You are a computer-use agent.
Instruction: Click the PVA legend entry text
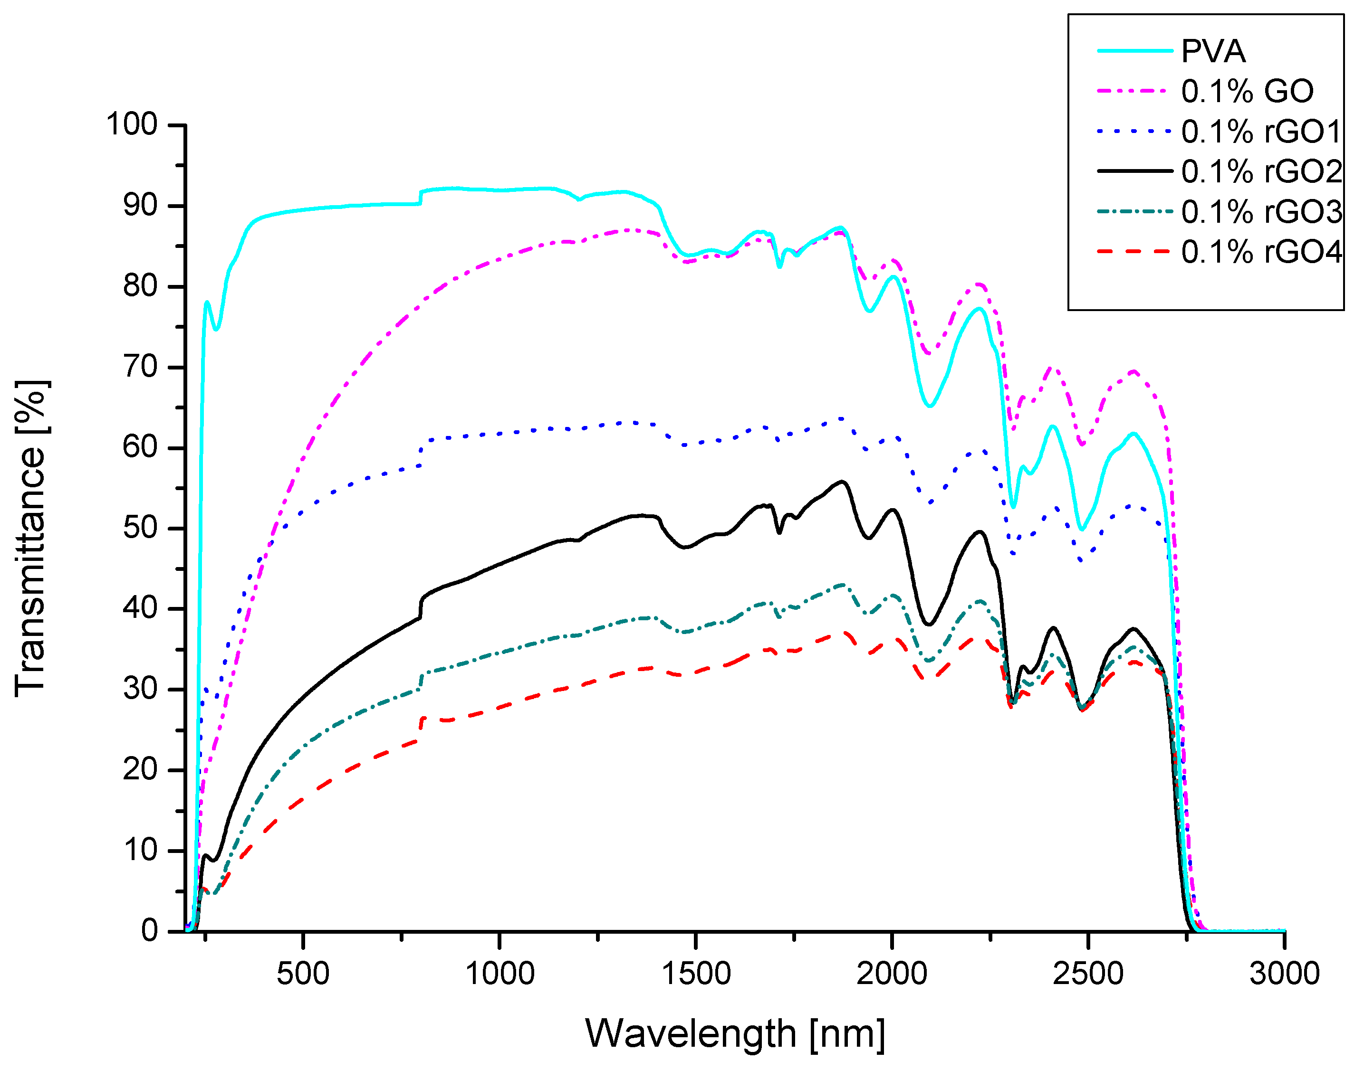tap(1213, 51)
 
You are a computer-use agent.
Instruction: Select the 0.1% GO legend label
tap(1248, 92)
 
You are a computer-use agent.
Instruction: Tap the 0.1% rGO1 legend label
tap(1261, 132)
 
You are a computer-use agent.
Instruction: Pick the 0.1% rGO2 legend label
tap(1261, 171)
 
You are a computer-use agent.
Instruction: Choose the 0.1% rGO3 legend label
tap(1261, 212)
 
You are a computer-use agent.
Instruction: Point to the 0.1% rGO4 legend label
tap(1261, 252)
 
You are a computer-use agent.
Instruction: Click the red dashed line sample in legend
tap(1134, 252)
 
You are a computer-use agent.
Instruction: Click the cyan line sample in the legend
tap(1134, 51)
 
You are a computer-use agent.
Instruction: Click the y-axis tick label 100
tap(132, 124)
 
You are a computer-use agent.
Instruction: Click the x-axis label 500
tap(303, 974)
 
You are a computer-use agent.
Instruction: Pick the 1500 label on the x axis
tap(696, 974)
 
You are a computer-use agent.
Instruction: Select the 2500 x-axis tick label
tap(1088, 974)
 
